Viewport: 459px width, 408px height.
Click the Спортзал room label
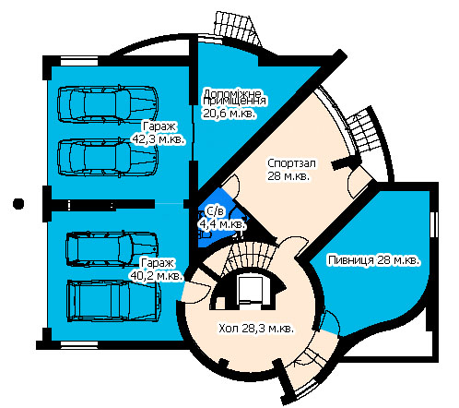pyautogui.click(x=291, y=169)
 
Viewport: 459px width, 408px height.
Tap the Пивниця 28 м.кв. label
pyautogui.click(x=373, y=260)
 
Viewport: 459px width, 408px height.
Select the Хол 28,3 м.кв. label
pyautogui.click(x=256, y=329)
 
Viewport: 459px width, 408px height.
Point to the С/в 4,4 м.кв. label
pyautogui.click(x=222, y=218)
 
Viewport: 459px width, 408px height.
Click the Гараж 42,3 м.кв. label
pyautogui.click(x=159, y=133)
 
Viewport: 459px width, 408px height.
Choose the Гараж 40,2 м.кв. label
pyautogui.click(x=157, y=270)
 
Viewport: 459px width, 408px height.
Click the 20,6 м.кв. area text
pyautogui.click(x=229, y=114)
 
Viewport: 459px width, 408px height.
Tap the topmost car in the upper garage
pyautogui.click(x=108, y=104)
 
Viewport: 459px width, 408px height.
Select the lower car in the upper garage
pyautogui.click(x=108, y=157)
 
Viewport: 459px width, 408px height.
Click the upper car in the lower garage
pyautogui.click(x=112, y=248)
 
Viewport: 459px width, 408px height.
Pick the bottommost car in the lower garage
pyautogui.click(x=113, y=301)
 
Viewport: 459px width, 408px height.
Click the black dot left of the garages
pyautogui.click(x=18, y=204)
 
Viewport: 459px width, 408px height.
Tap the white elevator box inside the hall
pyautogui.click(x=251, y=290)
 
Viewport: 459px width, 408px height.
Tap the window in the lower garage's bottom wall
pyautogui.click(x=79, y=344)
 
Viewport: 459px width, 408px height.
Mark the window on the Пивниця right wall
pyautogui.click(x=434, y=224)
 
